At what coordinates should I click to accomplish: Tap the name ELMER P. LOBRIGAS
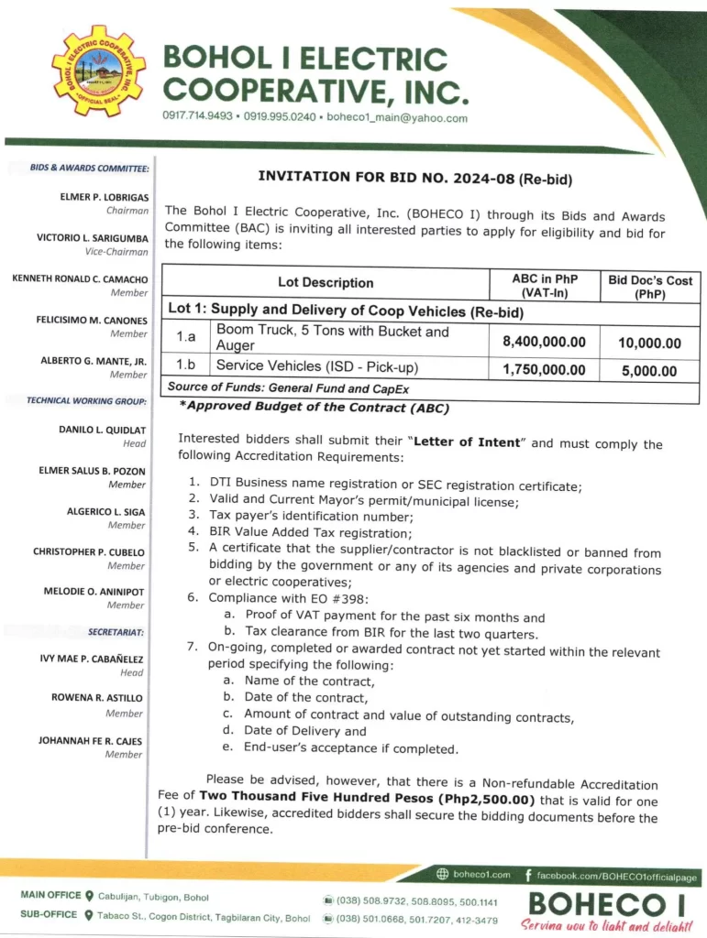(105, 197)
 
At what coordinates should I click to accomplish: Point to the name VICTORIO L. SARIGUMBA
(92, 238)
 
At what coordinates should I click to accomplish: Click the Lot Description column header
(326, 282)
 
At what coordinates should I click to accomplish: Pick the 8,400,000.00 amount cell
(544, 342)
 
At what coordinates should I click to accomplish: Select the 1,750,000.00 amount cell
(544, 369)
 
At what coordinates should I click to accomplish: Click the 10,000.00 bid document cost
(649, 343)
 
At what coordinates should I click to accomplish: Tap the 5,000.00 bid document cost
(649, 370)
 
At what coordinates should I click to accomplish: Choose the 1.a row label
(186, 338)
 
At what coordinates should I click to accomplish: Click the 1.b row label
(186, 366)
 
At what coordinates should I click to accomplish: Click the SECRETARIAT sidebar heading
(116, 632)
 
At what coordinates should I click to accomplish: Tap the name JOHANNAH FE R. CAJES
(90, 740)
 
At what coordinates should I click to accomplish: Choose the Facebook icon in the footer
(528, 877)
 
